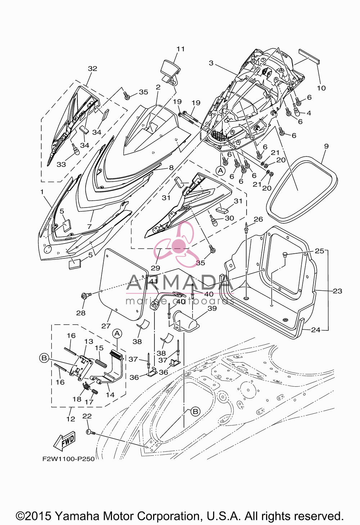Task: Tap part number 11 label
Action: [181, 49]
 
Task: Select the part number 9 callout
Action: [326, 146]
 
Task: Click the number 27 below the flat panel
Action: [106, 326]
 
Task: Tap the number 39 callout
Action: [212, 308]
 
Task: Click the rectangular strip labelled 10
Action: [309, 57]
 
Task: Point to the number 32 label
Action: [93, 68]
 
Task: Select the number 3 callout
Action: [211, 63]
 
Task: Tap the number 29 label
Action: [156, 268]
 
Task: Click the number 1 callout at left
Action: [42, 192]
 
